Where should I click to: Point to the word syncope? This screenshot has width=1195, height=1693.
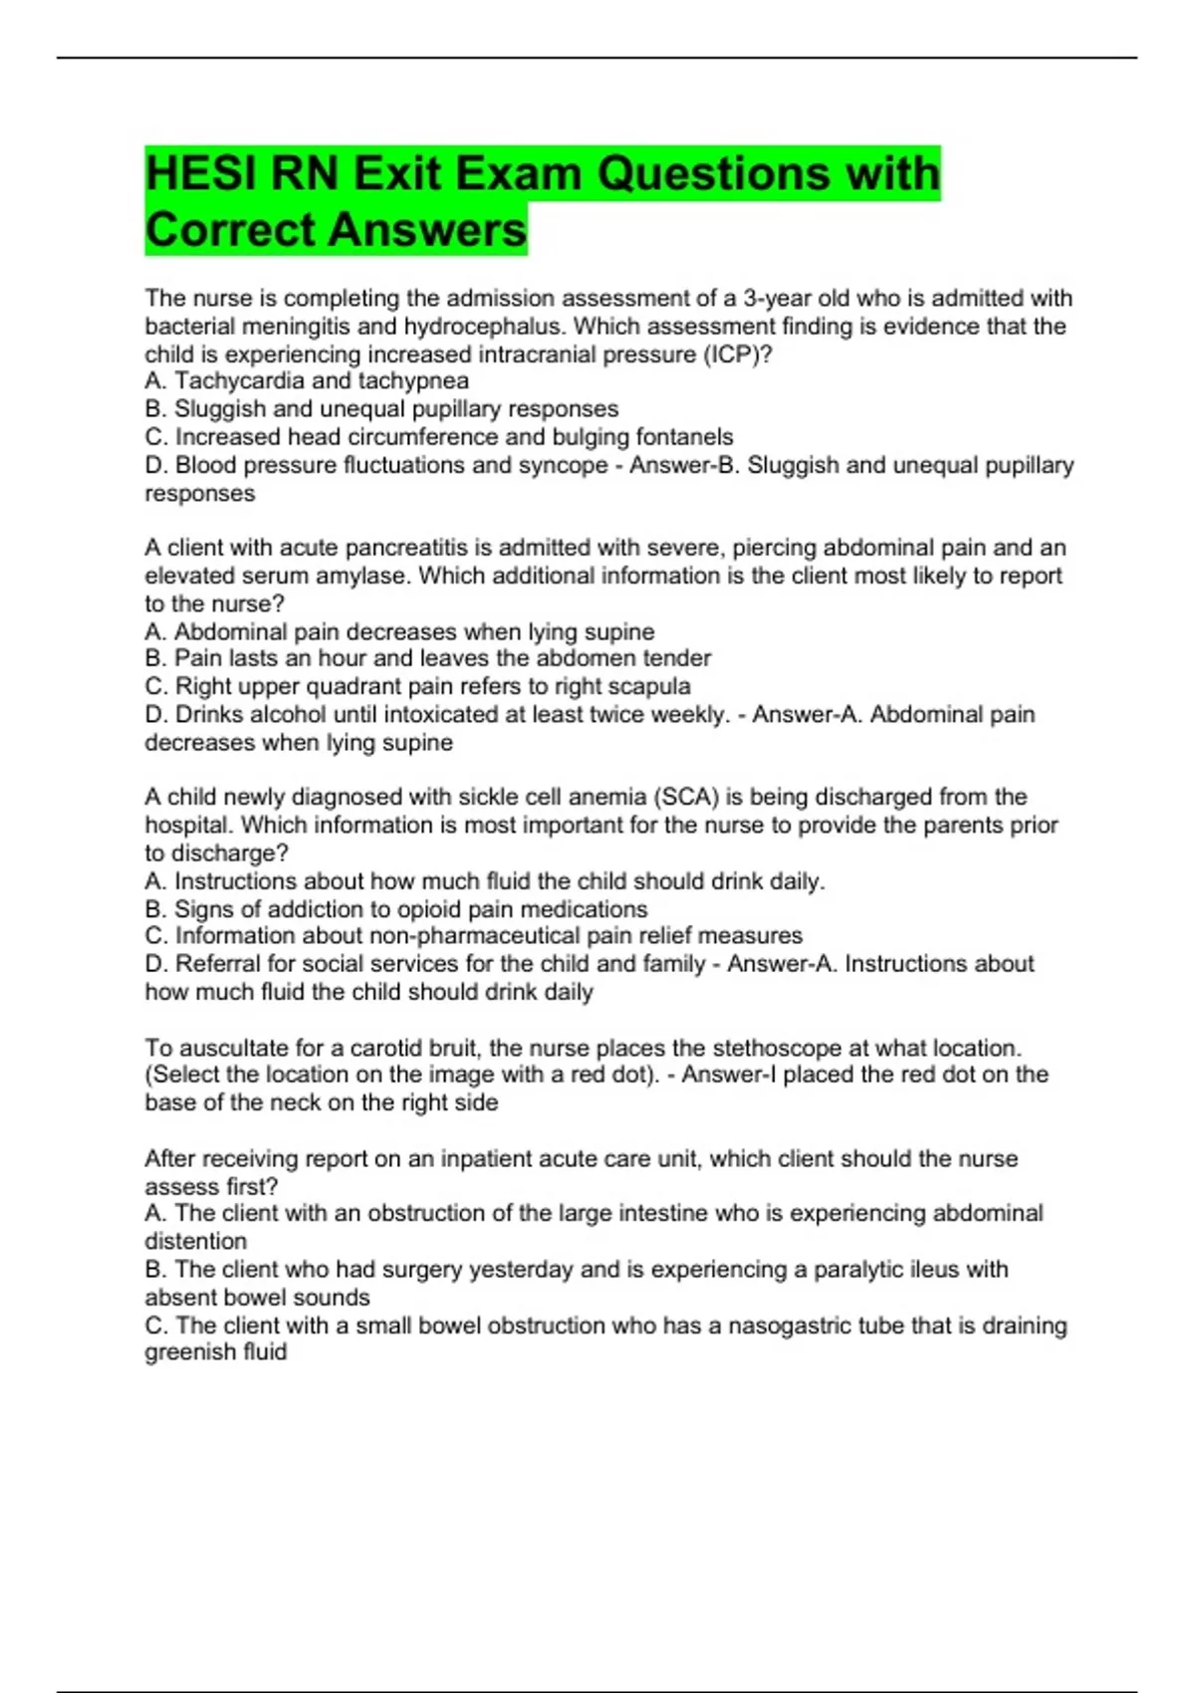[x=563, y=465]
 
